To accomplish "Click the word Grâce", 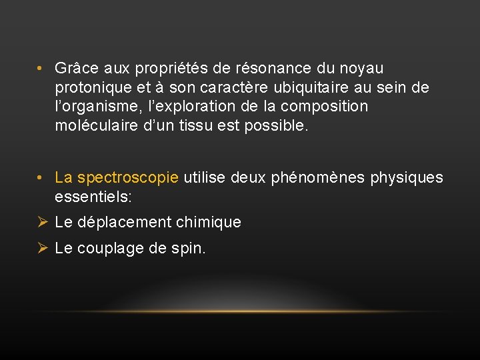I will pyautogui.click(x=73, y=69).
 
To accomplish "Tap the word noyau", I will pyautogui.click(x=362, y=69).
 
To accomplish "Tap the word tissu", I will pyautogui.click(x=234, y=125).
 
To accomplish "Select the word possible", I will pyautogui.click(x=282, y=125).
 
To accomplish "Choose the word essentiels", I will pyautogui.click(x=93, y=197).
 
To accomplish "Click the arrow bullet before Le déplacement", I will pyautogui.click(x=42, y=223).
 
